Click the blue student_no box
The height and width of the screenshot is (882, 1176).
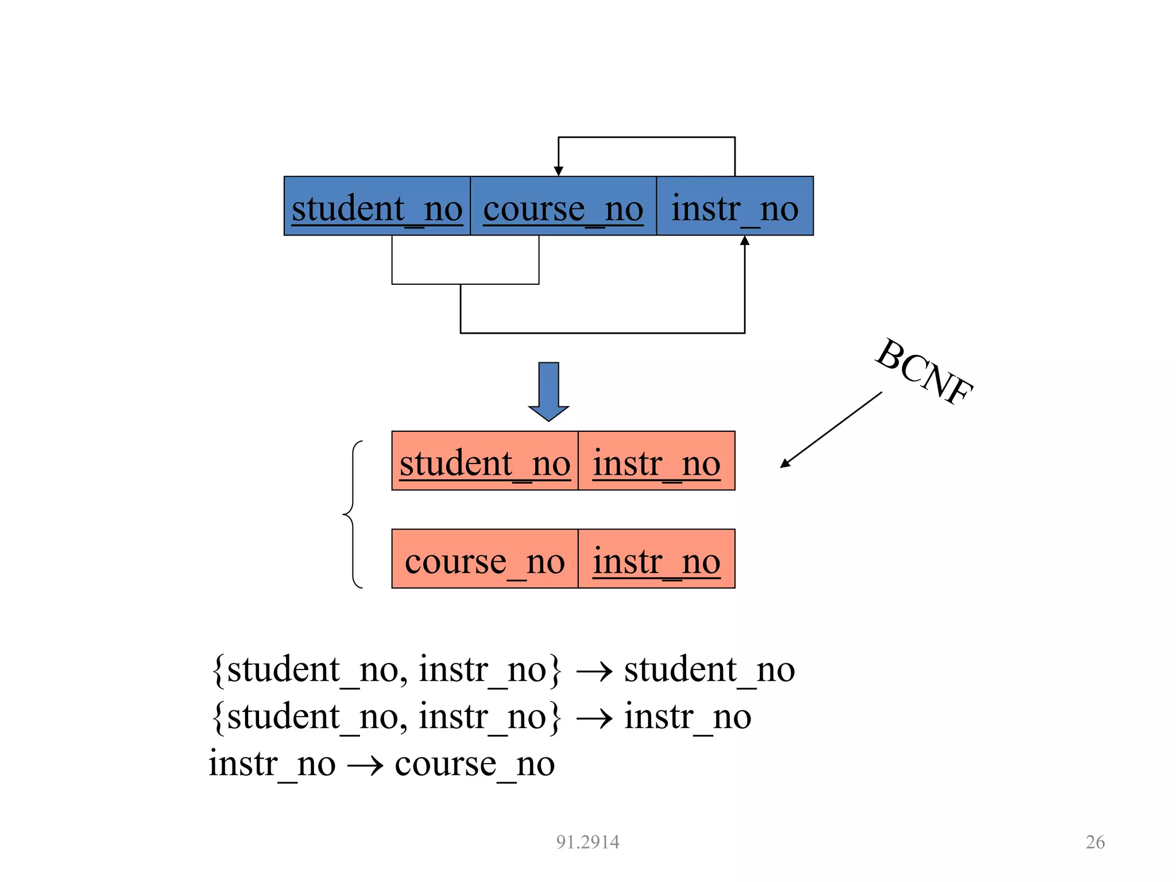(377, 206)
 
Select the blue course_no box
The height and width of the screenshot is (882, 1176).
(563, 206)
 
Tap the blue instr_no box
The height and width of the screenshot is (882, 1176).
(734, 206)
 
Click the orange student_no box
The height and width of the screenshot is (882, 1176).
(485, 461)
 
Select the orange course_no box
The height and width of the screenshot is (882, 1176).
(485, 559)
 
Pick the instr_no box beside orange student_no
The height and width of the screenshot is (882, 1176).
(656, 461)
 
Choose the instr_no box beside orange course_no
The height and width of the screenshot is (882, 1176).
(656, 559)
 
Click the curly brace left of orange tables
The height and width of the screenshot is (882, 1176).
(352, 514)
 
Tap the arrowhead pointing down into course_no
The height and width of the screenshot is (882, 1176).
(558, 171)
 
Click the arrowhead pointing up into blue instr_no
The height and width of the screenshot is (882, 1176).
(745, 241)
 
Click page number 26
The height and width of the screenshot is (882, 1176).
(1095, 842)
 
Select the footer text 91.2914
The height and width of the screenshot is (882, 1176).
(587, 842)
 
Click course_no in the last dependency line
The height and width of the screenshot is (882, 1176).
(474, 764)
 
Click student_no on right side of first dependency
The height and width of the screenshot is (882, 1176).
(709, 670)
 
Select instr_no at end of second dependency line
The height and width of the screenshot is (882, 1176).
(687, 717)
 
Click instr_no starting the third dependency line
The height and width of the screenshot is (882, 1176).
(272, 764)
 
